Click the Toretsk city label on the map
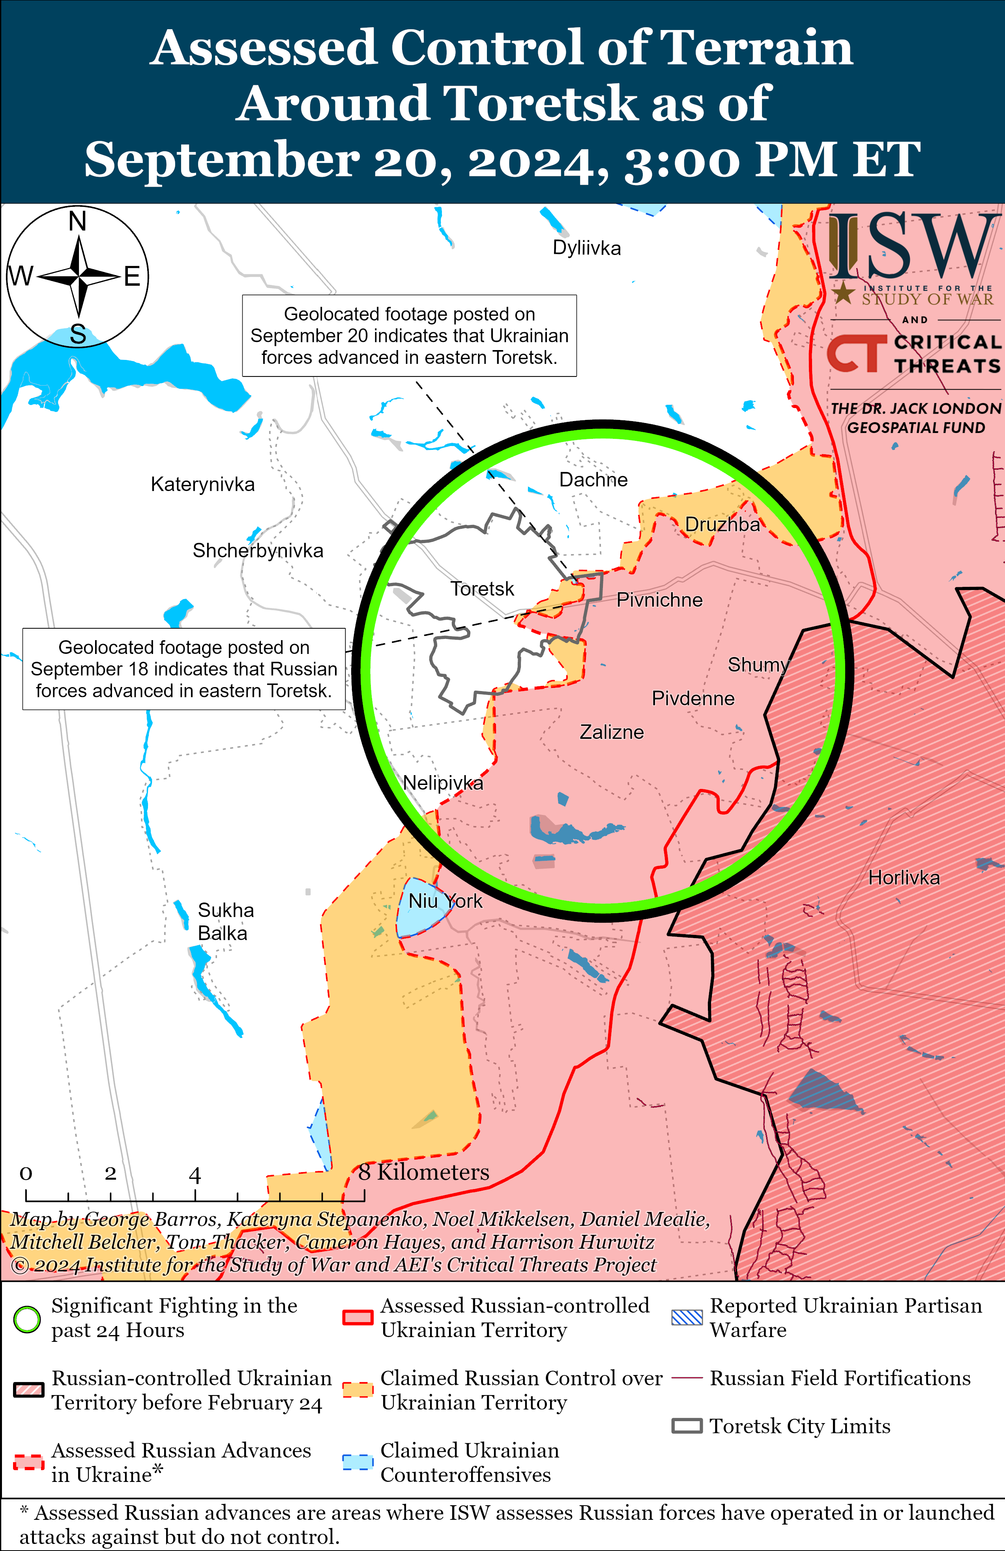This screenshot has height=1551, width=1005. (482, 589)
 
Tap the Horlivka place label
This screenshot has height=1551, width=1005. (904, 878)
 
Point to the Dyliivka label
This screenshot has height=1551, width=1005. (587, 248)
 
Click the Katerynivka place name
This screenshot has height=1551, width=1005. (203, 485)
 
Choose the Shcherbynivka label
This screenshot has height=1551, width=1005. (258, 551)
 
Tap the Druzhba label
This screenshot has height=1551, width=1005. (722, 524)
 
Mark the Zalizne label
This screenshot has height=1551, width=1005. (611, 732)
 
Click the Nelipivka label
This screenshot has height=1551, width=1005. (443, 783)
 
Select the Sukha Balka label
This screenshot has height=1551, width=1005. (225, 922)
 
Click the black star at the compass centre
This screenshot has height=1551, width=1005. (78, 276)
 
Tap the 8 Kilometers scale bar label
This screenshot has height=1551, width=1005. (424, 1173)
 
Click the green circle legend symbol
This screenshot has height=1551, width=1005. (27, 1320)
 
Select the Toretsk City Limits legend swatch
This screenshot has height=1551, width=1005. (687, 1426)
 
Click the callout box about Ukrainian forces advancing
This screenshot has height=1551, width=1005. (409, 335)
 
